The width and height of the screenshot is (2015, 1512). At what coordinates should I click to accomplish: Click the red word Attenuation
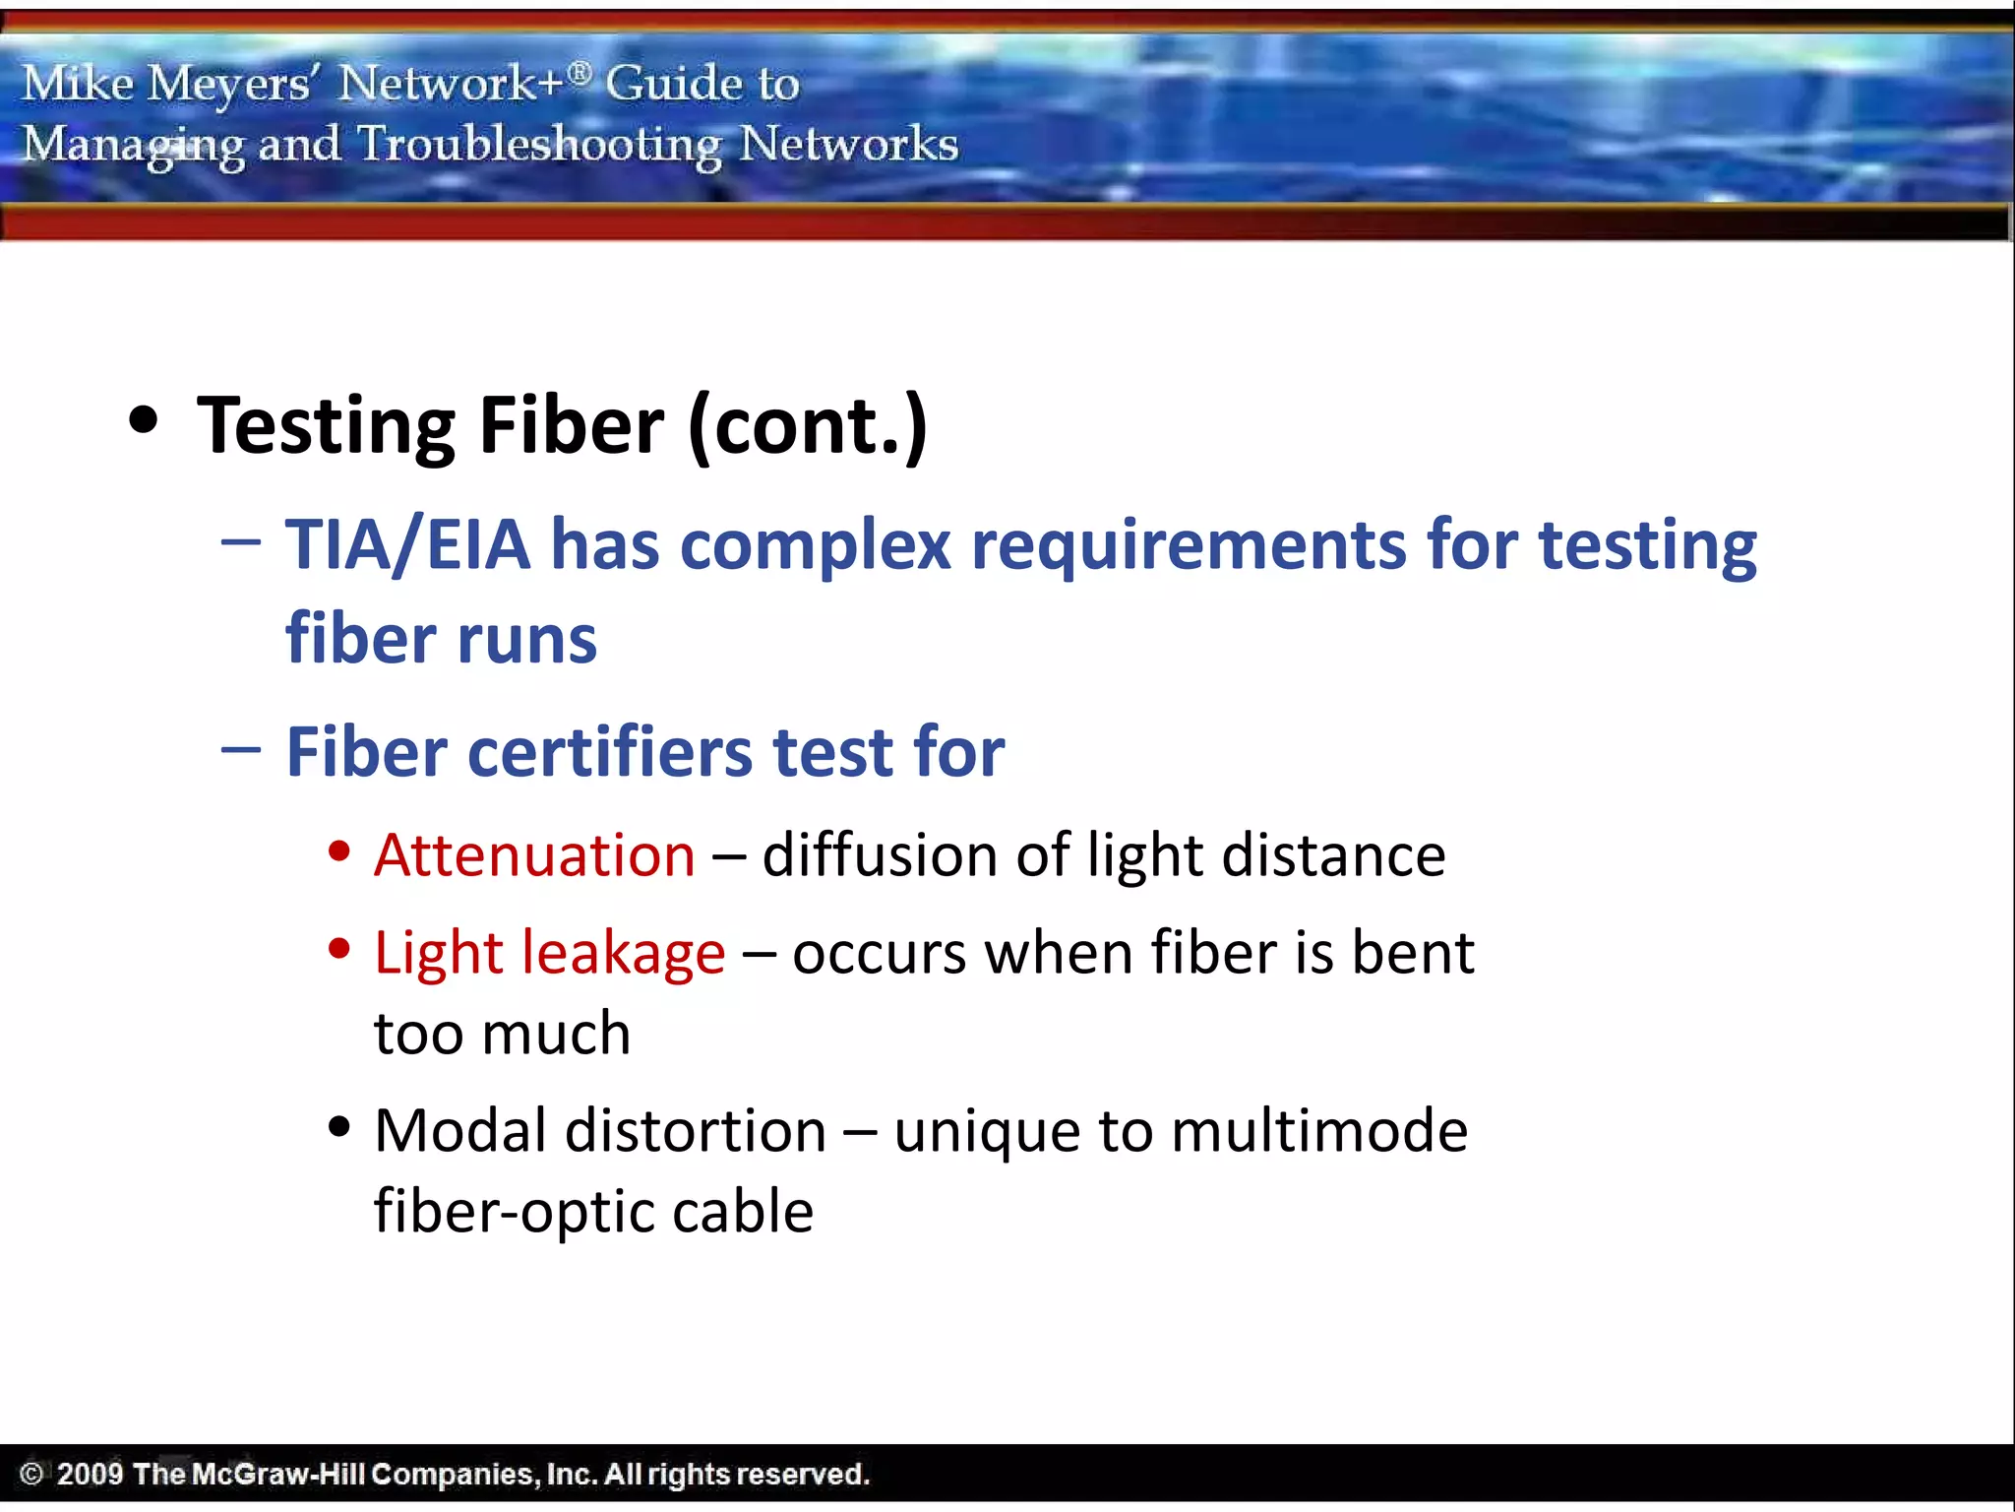click(x=534, y=854)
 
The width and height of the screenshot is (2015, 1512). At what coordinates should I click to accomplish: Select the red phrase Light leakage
click(x=549, y=953)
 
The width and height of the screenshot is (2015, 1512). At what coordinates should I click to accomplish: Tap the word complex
click(x=815, y=546)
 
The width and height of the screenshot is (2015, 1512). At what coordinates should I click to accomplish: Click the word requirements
click(x=1189, y=544)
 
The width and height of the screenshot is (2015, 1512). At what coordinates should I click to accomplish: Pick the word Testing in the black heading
click(x=326, y=427)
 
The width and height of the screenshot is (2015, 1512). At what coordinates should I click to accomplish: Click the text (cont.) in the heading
click(x=807, y=427)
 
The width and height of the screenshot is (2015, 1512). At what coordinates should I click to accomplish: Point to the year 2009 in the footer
click(x=90, y=1474)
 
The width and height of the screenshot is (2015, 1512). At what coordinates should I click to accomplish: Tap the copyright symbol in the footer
click(x=31, y=1474)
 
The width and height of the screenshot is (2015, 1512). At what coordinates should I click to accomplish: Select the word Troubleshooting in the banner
click(x=539, y=145)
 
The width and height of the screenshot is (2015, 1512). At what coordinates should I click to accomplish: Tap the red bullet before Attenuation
click(x=339, y=851)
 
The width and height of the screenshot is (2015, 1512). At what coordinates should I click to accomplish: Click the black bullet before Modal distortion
click(x=339, y=1127)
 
